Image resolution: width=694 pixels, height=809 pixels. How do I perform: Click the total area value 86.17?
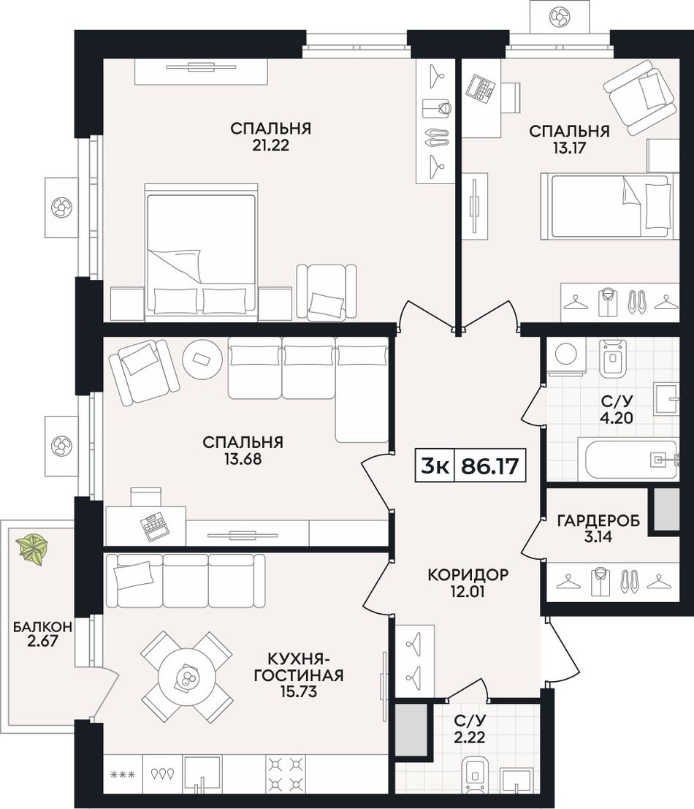click(489, 466)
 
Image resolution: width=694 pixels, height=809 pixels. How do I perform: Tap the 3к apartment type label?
click(434, 466)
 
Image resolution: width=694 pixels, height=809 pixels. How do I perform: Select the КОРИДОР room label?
click(468, 574)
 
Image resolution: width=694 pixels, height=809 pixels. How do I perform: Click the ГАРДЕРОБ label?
click(598, 520)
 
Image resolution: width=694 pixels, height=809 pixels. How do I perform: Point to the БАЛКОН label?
click(42, 627)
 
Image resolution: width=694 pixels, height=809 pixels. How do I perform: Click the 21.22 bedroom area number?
click(271, 145)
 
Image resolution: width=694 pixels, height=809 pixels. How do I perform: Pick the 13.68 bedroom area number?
click(243, 459)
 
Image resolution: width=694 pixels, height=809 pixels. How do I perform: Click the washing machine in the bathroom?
click(567, 355)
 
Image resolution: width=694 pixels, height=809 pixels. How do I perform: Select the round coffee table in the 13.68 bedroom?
click(202, 360)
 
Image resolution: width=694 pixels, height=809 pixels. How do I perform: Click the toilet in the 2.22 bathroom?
click(473, 775)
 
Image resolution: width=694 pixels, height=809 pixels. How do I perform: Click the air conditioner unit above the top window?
click(558, 17)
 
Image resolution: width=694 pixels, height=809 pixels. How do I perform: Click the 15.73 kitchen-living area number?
click(299, 691)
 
